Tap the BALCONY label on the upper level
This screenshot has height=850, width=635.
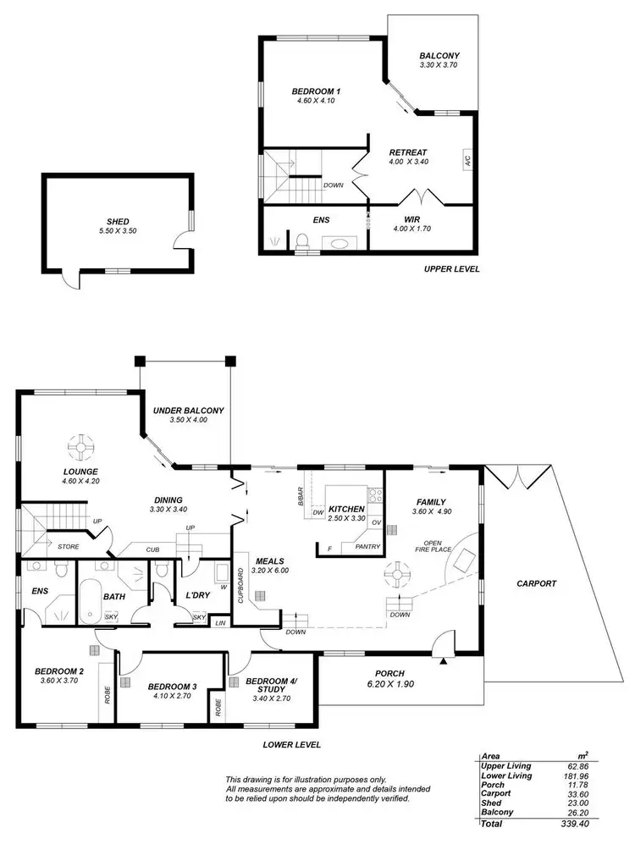439,57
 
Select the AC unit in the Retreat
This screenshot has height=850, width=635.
467,159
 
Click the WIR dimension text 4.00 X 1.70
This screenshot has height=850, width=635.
411,228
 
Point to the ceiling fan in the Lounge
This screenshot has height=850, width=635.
81,444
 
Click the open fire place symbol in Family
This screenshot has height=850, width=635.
463,560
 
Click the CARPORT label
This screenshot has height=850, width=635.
535,583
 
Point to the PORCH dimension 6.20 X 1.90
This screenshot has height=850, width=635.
389,684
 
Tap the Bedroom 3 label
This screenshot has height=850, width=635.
172,686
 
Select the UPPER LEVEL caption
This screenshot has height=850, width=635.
451,268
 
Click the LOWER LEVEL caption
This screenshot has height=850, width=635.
290,745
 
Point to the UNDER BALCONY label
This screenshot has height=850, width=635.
188,411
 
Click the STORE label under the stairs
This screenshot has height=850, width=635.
69,547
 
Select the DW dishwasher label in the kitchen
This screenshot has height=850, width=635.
318,513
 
